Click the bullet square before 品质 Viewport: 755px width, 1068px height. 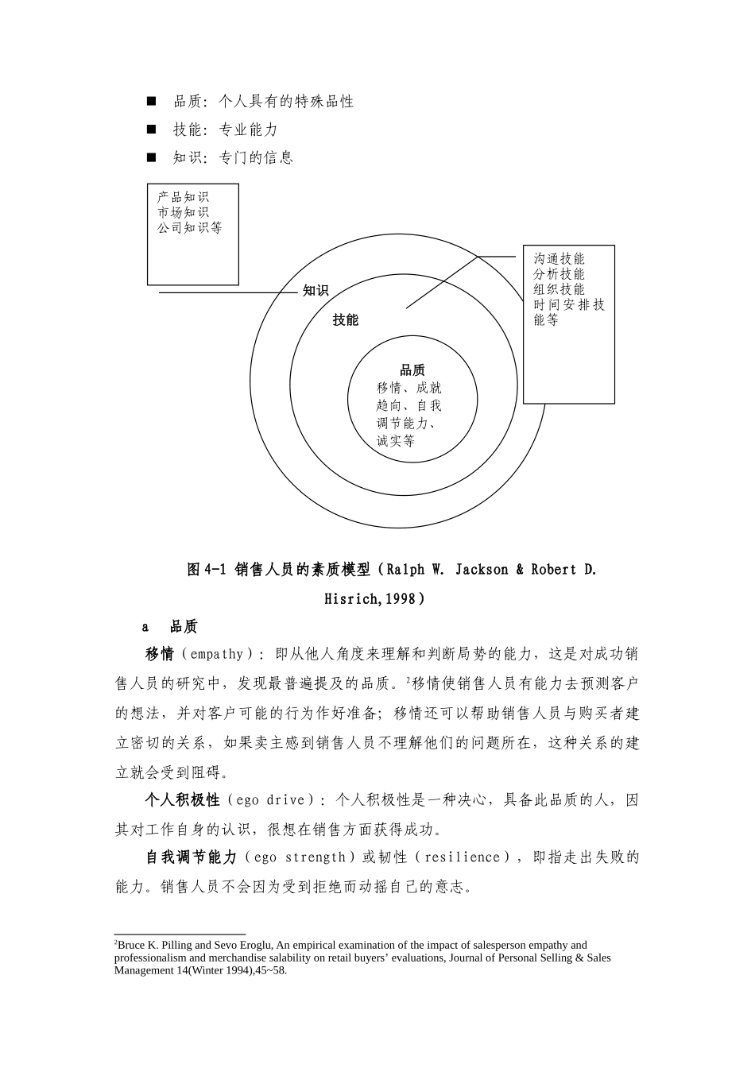(151, 101)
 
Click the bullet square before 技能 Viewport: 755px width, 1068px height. (151, 129)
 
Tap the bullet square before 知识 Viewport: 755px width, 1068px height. (151, 157)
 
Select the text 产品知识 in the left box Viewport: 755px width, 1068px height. (183, 197)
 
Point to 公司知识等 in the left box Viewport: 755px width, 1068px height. (190, 227)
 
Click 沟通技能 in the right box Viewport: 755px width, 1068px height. (559, 259)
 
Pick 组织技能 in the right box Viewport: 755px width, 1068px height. (559, 289)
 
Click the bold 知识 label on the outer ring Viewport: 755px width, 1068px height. (316, 291)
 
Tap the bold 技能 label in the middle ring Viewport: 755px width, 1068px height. (346, 319)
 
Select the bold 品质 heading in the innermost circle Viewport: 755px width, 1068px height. (412, 370)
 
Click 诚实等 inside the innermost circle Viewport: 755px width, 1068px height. (396, 441)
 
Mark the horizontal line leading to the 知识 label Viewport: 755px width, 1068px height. (226, 292)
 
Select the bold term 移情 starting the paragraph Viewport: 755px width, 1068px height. (159, 654)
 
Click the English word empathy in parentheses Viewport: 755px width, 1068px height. (217, 654)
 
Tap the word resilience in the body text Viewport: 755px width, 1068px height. (463, 857)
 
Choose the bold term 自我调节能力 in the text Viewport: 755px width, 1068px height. (191, 857)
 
